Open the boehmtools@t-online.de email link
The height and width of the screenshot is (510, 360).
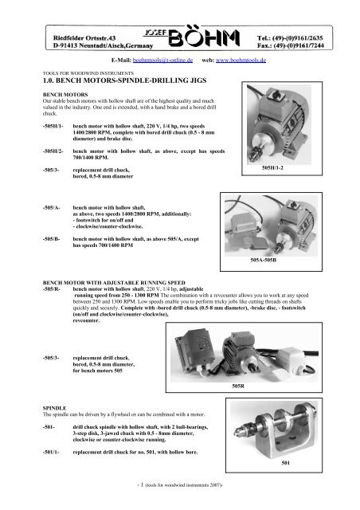[162, 61]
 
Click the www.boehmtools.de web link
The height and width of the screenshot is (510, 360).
[241, 61]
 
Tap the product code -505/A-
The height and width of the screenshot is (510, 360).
[52, 207]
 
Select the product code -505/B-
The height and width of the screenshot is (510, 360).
[51, 239]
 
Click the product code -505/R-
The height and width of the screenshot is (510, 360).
[52, 288]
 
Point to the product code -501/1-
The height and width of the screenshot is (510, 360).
[51, 452]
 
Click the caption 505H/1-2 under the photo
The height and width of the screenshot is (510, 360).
[272, 168]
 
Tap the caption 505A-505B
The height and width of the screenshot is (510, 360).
[264, 261]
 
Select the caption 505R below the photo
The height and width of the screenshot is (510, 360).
[238, 386]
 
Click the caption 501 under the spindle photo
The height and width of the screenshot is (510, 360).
[285, 462]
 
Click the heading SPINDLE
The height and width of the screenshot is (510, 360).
[55, 408]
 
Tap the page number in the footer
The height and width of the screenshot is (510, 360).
[142, 484]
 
